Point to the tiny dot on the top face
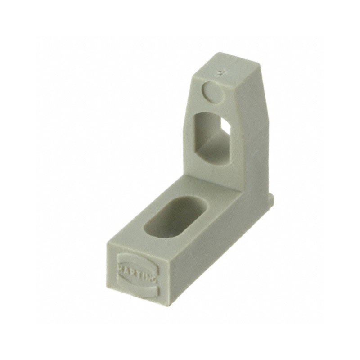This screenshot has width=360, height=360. click(220, 72)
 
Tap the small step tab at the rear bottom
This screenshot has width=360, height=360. click(270, 198)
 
